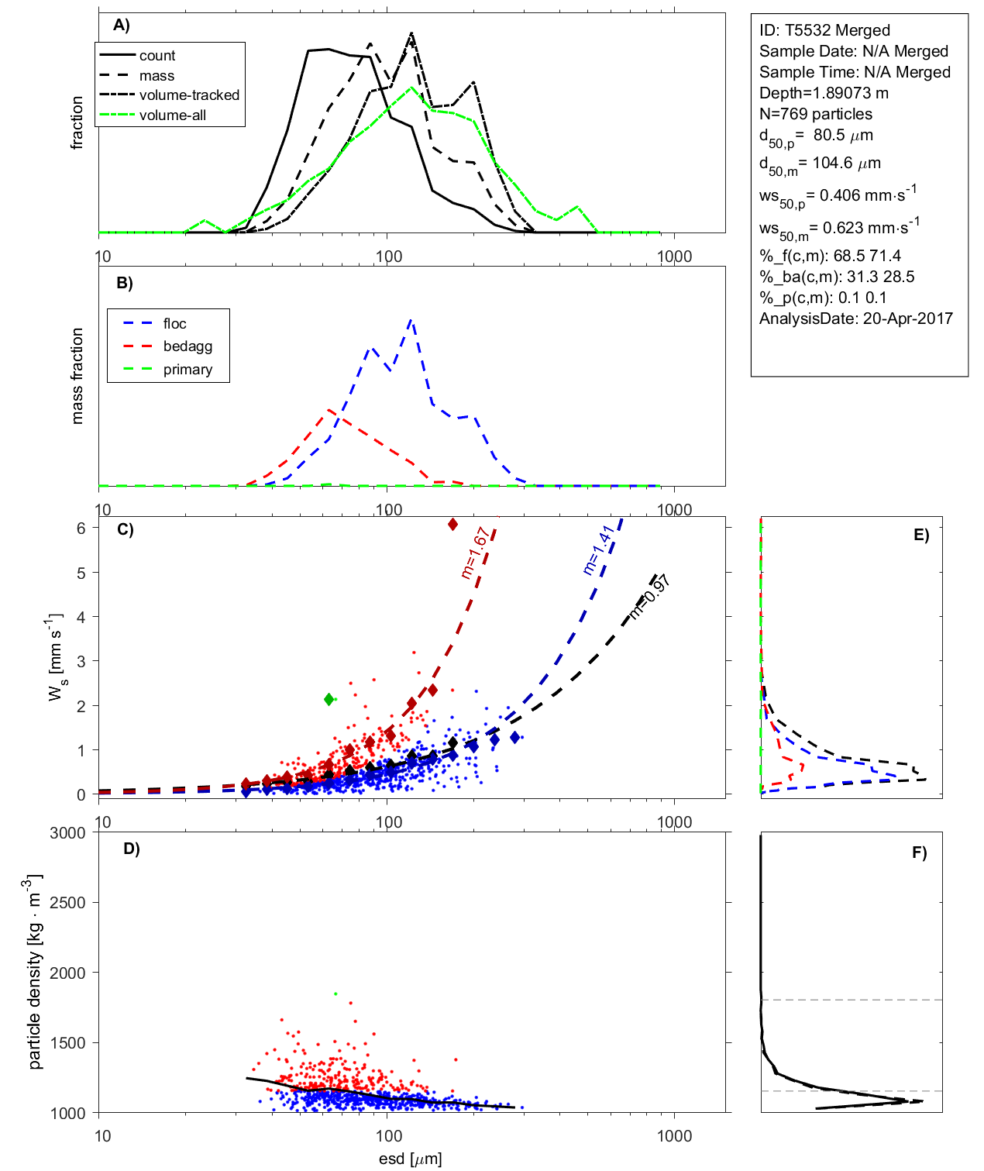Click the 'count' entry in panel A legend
click(x=157, y=56)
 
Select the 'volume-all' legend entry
click(x=172, y=115)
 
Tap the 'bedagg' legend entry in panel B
click(x=188, y=346)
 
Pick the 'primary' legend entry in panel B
click(x=188, y=370)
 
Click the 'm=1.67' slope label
click(x=474, y=553)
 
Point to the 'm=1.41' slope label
click(x=598, y=549)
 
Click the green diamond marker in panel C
click(x=329, y=699)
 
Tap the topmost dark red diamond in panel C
click(x=453, y=525)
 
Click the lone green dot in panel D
click(x=335, y=994)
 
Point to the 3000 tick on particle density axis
click(x=68, y=833)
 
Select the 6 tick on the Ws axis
click(x=81, y=528)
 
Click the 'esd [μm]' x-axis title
click(x=411, y=1159)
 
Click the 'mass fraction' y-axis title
click(x=77, y=376)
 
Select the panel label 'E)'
click(x=921, y=535)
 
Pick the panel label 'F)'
click(x=920, y=852)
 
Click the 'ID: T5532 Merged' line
click(x=824, y=30)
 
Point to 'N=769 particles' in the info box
click(x=815, y=114)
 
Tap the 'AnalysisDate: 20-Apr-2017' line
click(x=855, y=319)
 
